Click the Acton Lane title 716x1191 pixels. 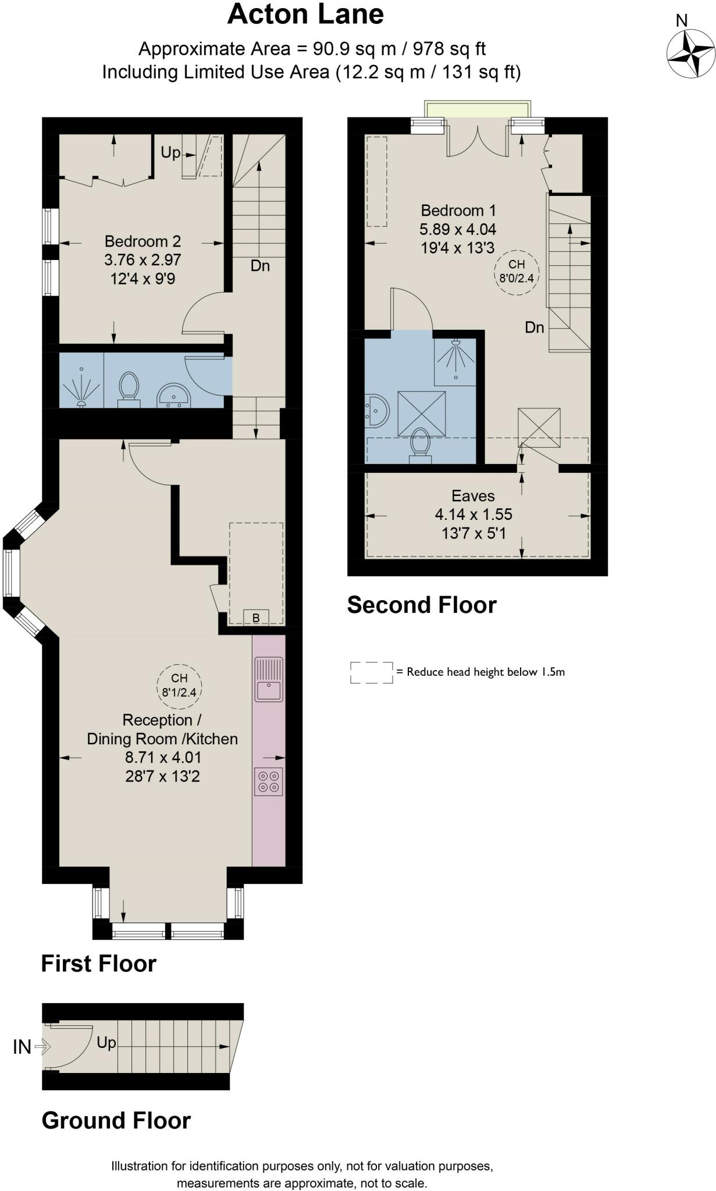click(305, 15)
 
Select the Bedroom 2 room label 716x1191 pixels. click(143, 241)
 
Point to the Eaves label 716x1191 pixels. click(473, 496)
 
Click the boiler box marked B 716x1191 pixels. click(256, 617)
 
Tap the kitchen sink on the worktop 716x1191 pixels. click(269, 679)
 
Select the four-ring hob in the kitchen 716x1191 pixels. click(269, 781)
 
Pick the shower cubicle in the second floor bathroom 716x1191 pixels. click(455, 362)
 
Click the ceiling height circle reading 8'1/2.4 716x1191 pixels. click(179, 686)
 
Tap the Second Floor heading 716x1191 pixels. click(422, 605)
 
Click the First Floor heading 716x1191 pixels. click(99, 964)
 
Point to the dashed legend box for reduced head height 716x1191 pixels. click(372, 672)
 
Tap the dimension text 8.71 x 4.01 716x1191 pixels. click(163, 757)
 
